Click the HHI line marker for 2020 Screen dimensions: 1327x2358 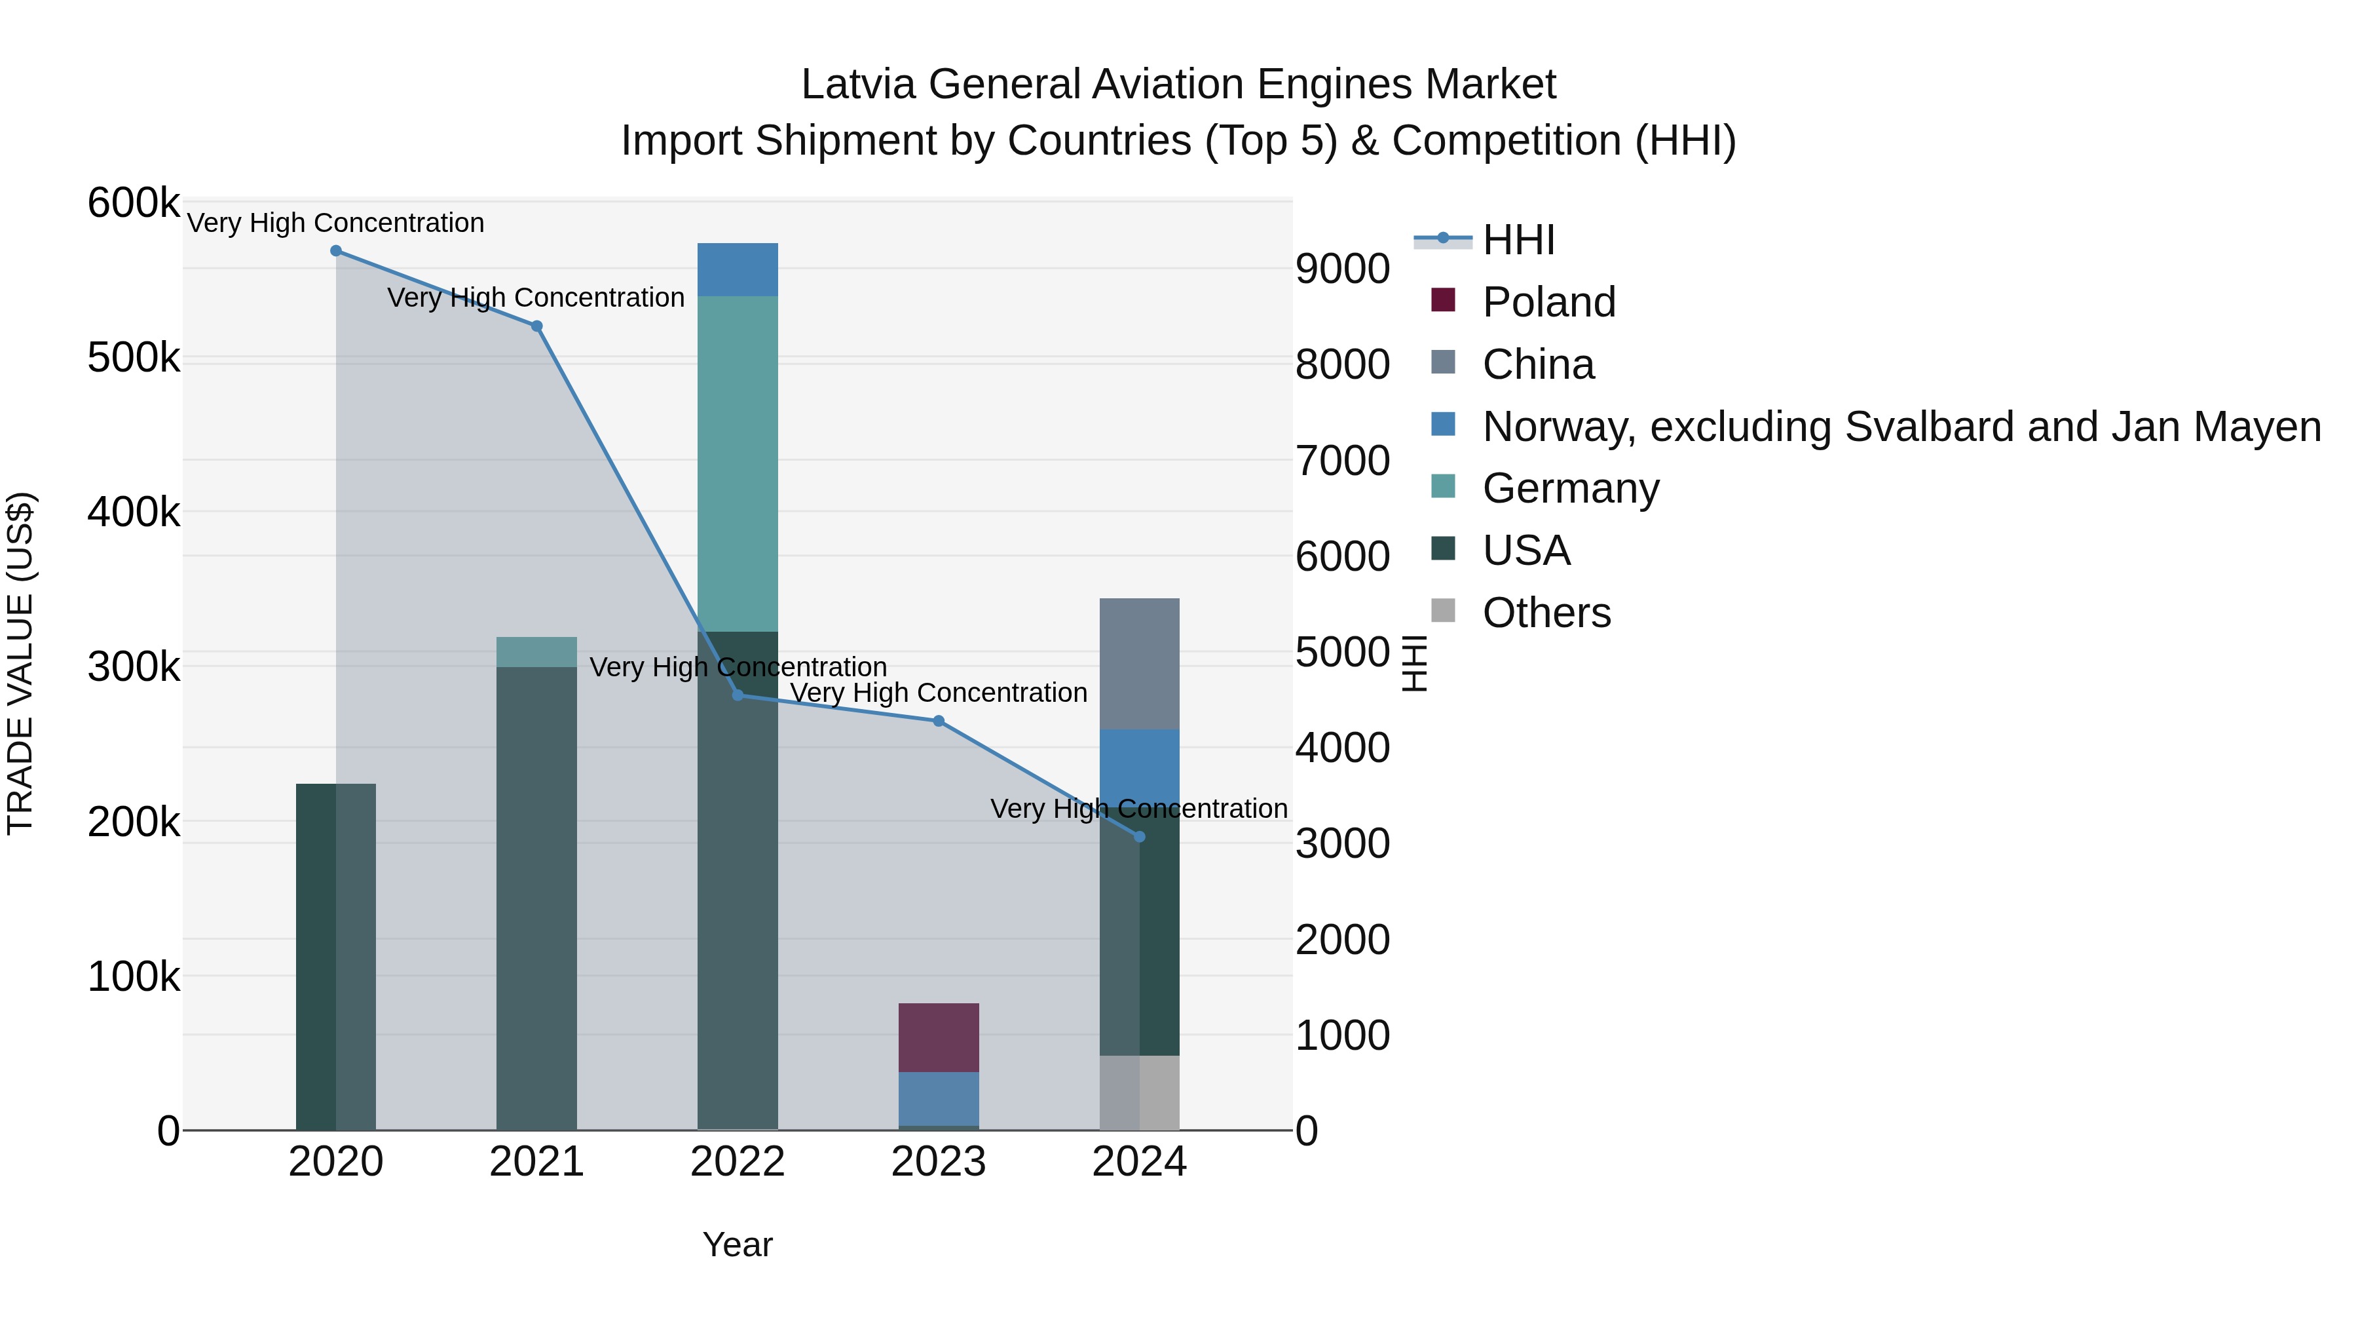pos(336,251)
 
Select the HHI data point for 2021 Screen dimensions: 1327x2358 pos(536,326)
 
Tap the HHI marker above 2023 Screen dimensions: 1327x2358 pos(938,721)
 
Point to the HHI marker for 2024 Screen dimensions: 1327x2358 pos(1140,836)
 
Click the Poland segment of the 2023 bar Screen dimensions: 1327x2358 pos(938,1037)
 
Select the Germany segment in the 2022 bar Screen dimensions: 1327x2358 pos(737,463)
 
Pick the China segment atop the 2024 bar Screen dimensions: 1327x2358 pos(1140,663)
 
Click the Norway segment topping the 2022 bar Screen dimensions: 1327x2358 pos(737,269)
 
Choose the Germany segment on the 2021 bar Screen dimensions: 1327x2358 pos(536,651)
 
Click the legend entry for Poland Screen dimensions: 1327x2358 pos(1549,302)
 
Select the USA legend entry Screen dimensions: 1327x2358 pos(1526,550)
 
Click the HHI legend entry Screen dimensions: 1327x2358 pos(1518,240)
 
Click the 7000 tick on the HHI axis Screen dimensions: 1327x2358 pos(1342,460)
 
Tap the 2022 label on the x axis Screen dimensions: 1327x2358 pos(737,1162)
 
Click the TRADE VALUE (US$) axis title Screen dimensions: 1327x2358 pos(21,663)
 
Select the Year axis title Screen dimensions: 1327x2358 pos(737,1244)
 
